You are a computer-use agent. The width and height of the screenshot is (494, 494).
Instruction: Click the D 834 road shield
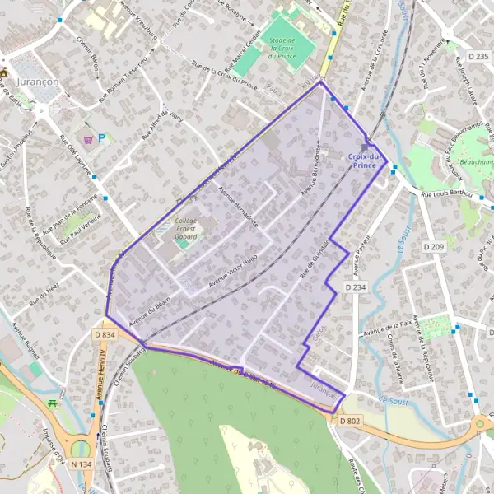tap(105, 335)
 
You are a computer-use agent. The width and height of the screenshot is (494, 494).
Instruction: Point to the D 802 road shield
tap(348, 421)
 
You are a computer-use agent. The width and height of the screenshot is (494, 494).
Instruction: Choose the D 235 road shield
tap(477, 56)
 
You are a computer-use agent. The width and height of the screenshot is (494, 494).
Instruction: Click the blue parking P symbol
tap(101, 138)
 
